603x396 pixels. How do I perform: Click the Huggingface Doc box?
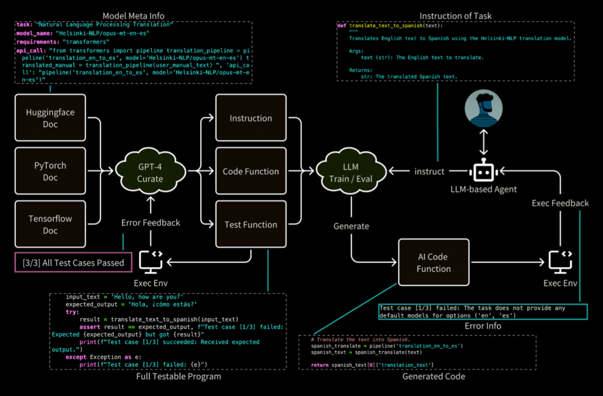(x=50, y=118)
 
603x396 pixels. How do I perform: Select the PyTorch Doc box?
(x=50, y=171)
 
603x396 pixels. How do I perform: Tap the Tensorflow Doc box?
(x=50, y=225)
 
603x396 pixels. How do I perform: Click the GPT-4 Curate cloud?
(x=150, y=171)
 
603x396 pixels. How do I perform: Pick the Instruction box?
(x=251, y=118)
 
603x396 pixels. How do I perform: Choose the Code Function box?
(x=251, y=171)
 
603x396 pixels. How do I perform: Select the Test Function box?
(x=251, y=225)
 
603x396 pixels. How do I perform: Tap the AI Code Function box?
(x=433, y=263)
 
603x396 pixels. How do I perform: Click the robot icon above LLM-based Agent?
(x=483, y=171)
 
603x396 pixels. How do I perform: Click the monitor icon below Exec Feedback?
(x=560, y=260)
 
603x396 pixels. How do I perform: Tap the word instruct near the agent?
(x=428, y=171)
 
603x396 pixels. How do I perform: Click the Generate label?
(x=351, y=226)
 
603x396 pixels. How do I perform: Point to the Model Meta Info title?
(x=134, y=15)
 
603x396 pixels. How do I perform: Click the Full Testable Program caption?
(x=178, y=377)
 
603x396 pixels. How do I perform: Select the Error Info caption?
(x=482, y=326)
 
